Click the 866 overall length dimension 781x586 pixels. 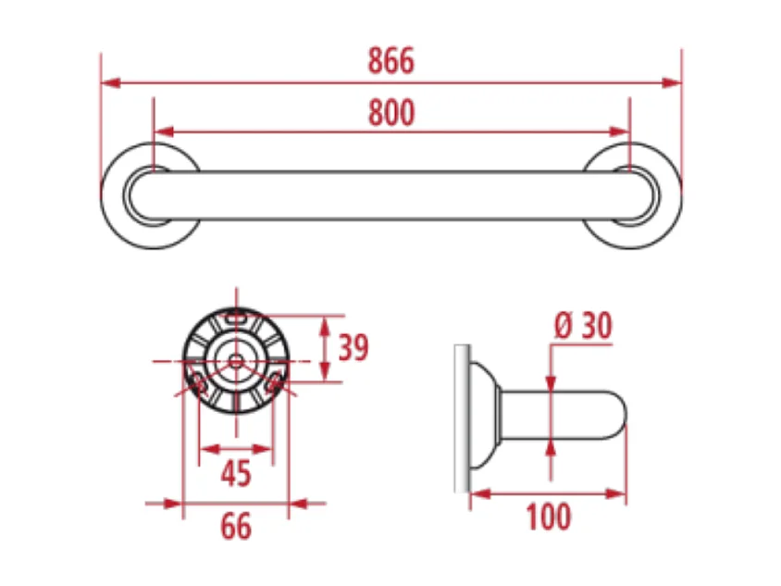pos(390,61)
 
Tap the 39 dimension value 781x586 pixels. pos(353,348)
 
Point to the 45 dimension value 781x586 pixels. pos(236,473)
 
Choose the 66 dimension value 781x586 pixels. pos(236,526)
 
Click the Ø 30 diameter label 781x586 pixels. pos(583,326)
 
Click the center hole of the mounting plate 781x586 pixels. pos(236,357)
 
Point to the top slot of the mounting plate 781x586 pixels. pos(236,315)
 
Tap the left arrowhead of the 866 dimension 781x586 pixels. pos(110,83)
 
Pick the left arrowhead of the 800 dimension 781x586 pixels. pos(163,131)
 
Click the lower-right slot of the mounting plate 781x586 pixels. pos(273,382)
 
